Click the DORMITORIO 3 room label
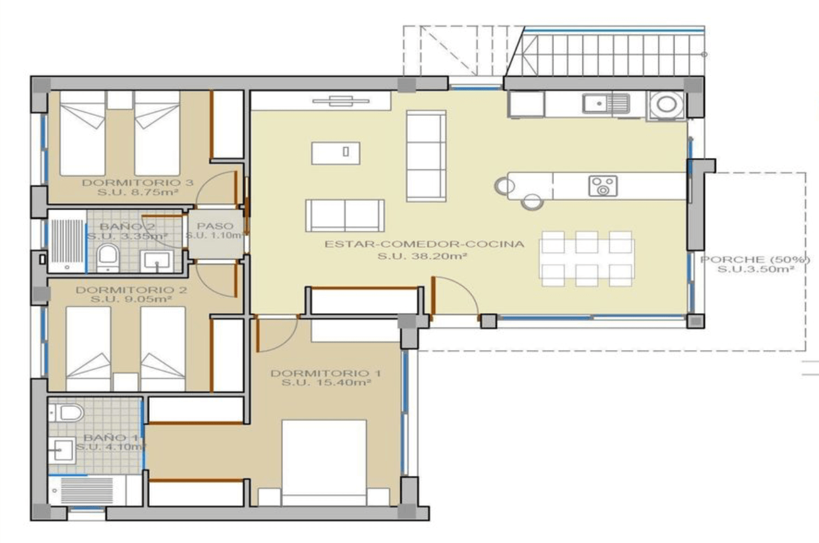point(137,182)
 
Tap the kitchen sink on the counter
point(606,103)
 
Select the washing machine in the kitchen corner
point(666,105)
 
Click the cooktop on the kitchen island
point(603,186)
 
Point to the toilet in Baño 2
point(108,258)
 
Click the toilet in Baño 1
point(66,413)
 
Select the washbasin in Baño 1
point(62,450)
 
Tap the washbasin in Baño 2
point(157,261)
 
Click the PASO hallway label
point(215,226)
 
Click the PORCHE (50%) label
point(755,260)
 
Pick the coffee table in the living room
point(336,153)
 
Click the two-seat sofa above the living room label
point(345,216)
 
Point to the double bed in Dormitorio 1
point(324,463)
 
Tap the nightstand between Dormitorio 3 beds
point(120,100)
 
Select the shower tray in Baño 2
point(67,241)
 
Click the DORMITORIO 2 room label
point(131,290)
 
